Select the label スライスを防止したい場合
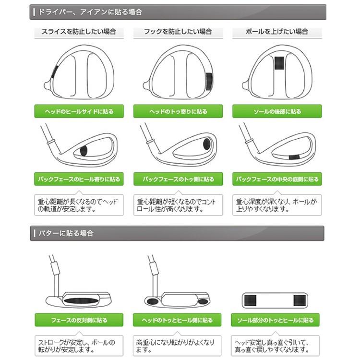[79, 32]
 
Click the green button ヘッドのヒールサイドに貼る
[79, 111]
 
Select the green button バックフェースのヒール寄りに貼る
[79, 180]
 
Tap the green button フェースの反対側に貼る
[79, 320]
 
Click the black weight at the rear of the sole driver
[278, 64]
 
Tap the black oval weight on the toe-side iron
[206, 144]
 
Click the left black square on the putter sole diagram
[250, 300]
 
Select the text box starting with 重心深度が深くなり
[277, 205]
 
